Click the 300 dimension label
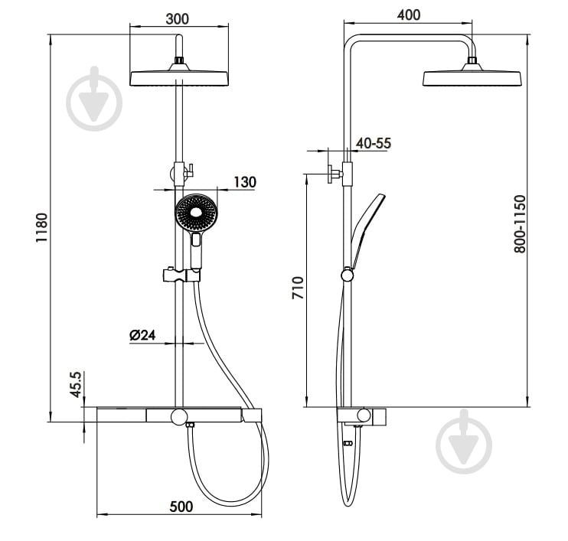[x=178, y=20]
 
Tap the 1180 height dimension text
[x=42, y=228]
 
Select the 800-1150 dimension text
[x=520, y=224]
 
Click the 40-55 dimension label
[x=374, y=143]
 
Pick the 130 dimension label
[x=244, y=182]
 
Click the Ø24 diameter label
[x=142, y=334]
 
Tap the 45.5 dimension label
[x=75, y=385]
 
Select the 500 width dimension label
[x=181, y=506]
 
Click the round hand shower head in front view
[x=197, y=213]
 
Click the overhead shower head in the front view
[x=179, y=78]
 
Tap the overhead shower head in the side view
[x=472, y=78]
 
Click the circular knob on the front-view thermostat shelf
[x=179, y=416]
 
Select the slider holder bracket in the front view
[x=176, y=275]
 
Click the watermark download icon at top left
[x=94, y=98]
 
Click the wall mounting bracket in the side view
[x=335, y=173]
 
